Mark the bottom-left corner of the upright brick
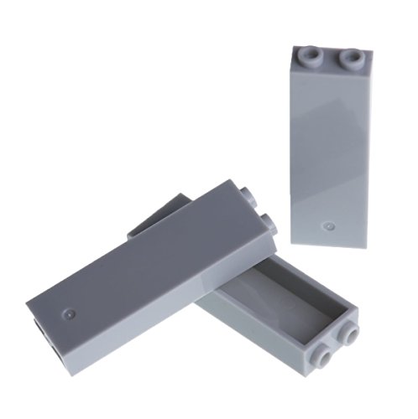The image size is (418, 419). [x=294, y=241]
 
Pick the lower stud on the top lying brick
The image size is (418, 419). [x=268, y=222]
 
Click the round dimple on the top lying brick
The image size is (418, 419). [x=69, y=314]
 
